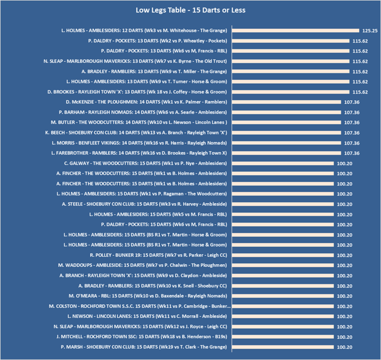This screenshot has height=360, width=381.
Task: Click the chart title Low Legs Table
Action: click(x=190, y=10)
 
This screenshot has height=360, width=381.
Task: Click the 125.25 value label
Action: click(x=369, y=31)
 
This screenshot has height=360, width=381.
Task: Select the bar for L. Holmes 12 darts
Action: click(x=295, y=31)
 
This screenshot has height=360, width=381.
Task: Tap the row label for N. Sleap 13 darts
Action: click(x=135, y=61)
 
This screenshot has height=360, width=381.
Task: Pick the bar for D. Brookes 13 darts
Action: click(x=291, y=92)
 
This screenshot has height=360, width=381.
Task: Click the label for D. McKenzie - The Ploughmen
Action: click(x=146, y=102)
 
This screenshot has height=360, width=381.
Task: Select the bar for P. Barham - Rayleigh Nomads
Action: click(x=287, y=112)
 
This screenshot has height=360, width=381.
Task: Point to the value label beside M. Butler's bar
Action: click(x=351, y=122)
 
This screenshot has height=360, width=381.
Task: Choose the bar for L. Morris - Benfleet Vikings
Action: click(x=287, y=143)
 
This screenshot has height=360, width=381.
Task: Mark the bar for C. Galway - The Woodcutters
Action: click(x=283, y=163)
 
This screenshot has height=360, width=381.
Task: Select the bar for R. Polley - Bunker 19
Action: click(x=283, y=255)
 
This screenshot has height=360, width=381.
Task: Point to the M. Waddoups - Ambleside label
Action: click(x=142, y=265)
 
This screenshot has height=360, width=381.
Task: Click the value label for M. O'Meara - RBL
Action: click(x=344, y=296)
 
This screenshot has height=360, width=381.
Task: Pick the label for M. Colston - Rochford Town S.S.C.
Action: click(x=140, y=306)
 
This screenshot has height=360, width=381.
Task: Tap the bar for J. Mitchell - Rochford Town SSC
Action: click(x=283, y=337)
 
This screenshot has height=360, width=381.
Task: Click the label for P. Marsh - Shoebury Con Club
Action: click(x=144, y=347)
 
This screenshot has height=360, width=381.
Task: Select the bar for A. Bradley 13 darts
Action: click(x=291, y=72)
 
